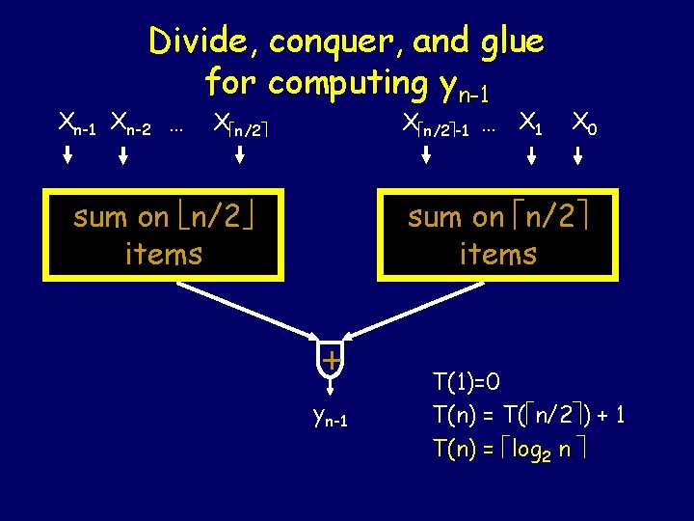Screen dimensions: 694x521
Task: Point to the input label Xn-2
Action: pyautogui.click(x=130, y=123)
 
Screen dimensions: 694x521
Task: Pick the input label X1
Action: pyautogui.click(x=530, y=123)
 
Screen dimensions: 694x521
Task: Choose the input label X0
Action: pyautogui.click(x=583, y=123)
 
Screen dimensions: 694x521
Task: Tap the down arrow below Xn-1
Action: pyautogui.click(x=69, y=155)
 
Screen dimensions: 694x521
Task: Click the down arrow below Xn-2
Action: pyautogui.click(x=124, y=155)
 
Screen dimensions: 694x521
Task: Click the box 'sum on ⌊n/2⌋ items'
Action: pyautogui.click(x=164, y=234)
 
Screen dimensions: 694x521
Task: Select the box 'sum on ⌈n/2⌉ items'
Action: pyautogui.click(x=497, y=234)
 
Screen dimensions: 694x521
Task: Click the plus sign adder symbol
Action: pyautogui.click(x=331, y=361)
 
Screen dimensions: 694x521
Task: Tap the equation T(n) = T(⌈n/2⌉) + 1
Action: pyautogui.click(x=529, y=415)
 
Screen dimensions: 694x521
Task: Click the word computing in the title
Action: pyautogui.click(x=347, y=84)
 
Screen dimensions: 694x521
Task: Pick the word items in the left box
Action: pyautogui.click(x=164, y=254)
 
